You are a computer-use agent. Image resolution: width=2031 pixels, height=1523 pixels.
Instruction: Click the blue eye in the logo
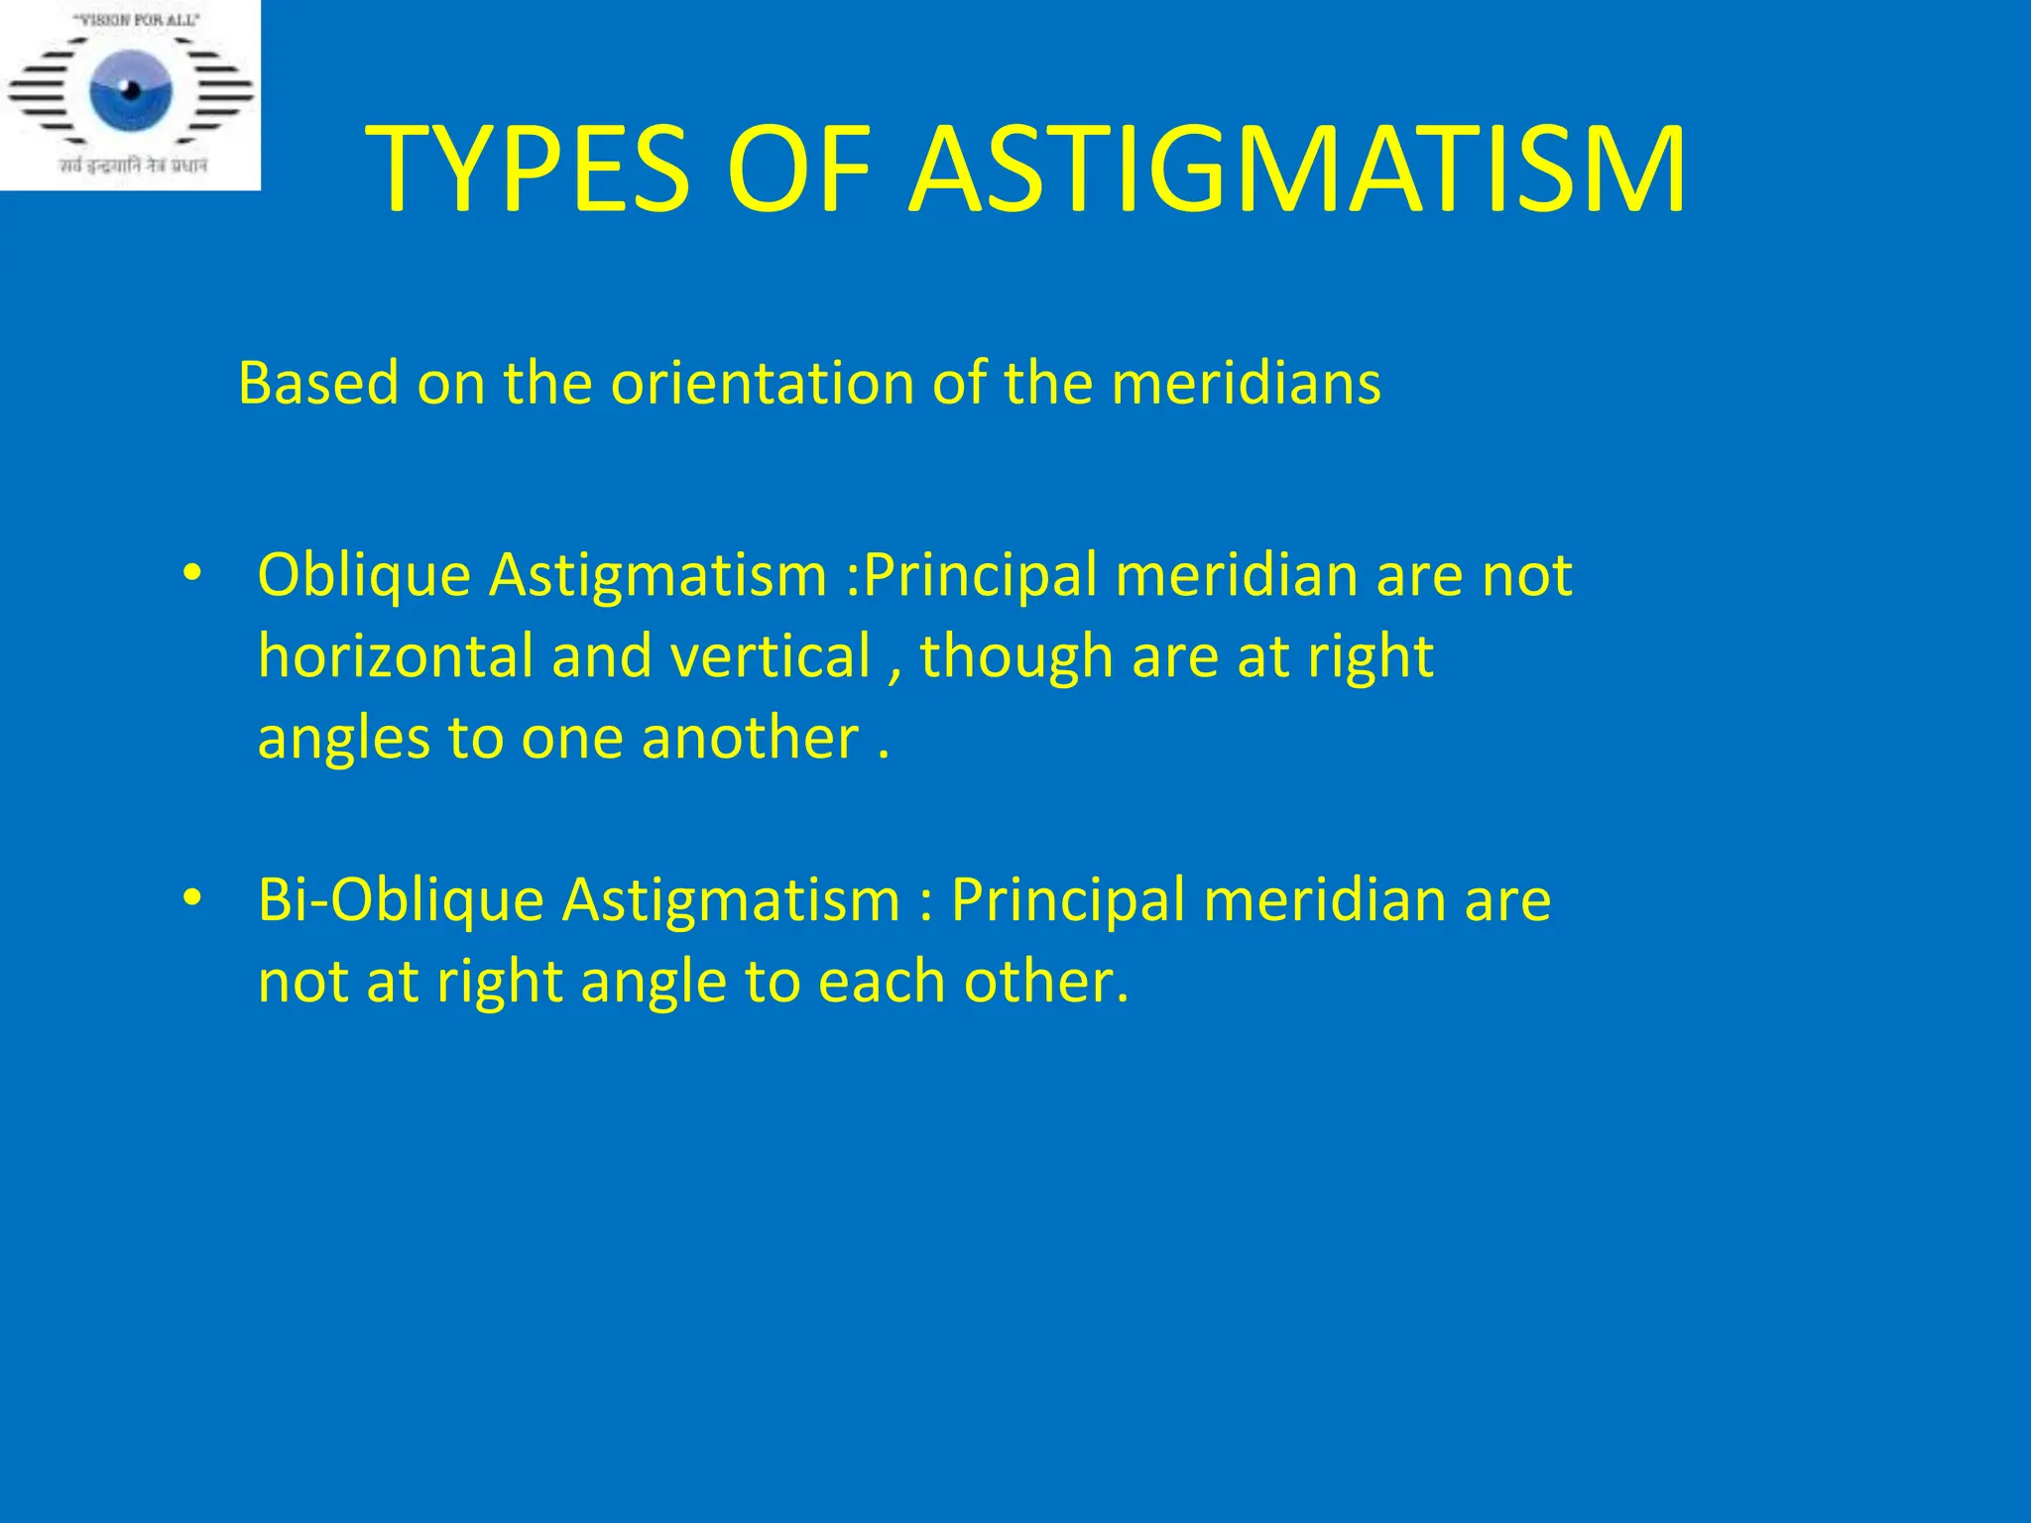(x=130, y=91)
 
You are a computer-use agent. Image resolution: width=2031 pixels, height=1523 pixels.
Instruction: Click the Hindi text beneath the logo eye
(x=132, y=166)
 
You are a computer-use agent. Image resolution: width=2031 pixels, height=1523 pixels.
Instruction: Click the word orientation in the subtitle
(x=762, y=383)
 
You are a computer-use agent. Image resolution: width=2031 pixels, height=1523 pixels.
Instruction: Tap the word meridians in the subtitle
(x=1246, y=383)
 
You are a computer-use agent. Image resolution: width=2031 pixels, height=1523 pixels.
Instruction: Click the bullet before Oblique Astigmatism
(x=191, y=574)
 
